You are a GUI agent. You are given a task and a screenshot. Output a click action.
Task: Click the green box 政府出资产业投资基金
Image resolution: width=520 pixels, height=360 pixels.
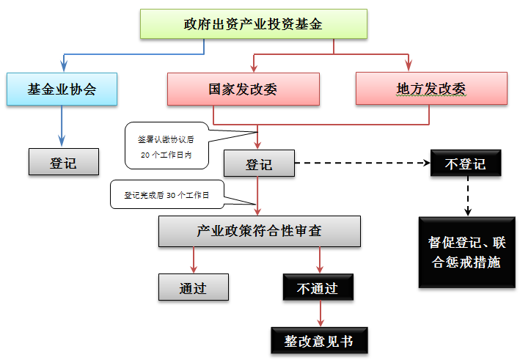point(253,24)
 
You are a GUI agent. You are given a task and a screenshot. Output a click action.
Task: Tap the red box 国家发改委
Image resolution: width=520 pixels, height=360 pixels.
point(243,89)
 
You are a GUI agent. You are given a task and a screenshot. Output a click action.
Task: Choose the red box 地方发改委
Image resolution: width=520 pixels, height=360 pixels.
point(431,89)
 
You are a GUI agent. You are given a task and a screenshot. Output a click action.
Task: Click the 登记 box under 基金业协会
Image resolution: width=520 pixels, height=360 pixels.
point(63,162)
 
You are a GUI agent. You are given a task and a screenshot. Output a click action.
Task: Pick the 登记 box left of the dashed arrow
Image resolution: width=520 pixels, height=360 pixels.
point(258,164)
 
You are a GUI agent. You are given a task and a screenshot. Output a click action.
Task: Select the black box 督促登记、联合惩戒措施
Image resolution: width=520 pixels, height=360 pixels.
point(466,251)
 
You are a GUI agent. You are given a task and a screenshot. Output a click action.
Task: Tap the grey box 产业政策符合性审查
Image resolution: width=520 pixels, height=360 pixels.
point(259,231)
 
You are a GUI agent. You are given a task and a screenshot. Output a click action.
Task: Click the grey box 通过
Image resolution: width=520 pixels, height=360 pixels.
point(193,287)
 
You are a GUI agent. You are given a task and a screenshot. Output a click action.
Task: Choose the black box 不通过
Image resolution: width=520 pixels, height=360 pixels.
point(318,287)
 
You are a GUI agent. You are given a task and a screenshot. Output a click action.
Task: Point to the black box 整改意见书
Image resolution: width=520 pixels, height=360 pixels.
point(318,341)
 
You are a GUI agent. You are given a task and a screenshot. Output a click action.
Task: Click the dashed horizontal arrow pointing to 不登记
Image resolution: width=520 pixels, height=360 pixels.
point(359,164)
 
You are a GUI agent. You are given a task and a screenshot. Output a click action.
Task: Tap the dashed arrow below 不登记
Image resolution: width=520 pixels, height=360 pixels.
point(467,196)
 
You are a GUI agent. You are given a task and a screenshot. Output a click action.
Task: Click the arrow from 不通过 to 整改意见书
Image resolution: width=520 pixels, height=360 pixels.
point(319,313)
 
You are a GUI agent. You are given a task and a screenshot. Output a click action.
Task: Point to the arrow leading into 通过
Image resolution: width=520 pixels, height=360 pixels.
point(193,260)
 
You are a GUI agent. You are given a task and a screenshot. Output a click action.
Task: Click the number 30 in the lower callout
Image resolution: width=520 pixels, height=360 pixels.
point(172,196)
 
